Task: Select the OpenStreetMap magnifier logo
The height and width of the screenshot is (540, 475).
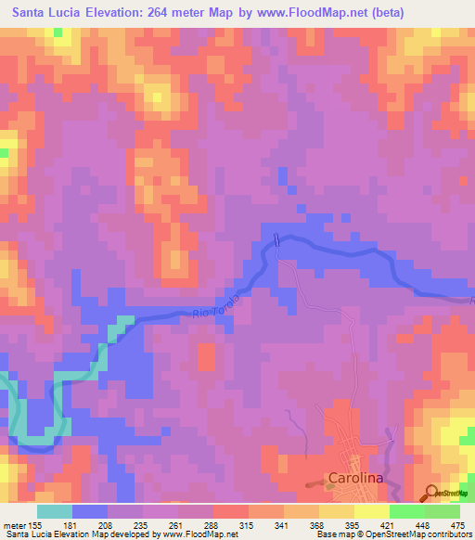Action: point(432,494)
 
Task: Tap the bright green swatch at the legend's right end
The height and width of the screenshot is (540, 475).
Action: point(443,510)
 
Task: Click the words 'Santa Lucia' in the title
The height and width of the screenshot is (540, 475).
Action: point(45,14)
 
